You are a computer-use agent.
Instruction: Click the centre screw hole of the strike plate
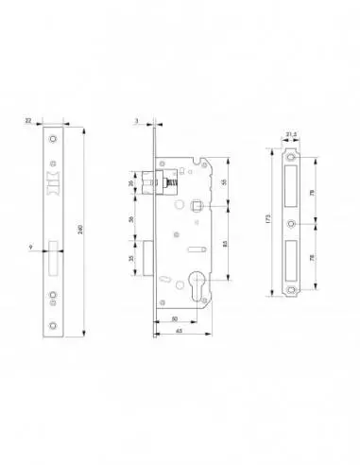(x=290, y=225)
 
